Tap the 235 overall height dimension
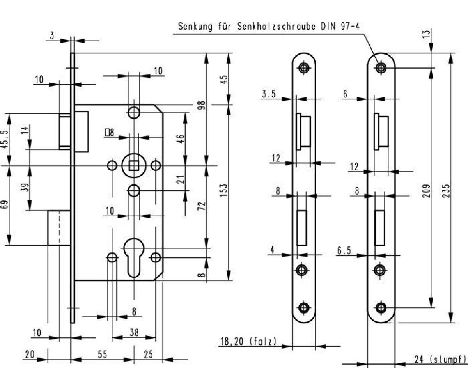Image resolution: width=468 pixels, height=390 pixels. click(447, 191)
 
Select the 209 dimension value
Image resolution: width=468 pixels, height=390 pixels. click(426, 191)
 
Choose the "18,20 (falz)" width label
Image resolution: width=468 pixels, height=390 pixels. click(248, 342)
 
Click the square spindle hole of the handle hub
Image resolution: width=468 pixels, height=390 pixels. click(134, 166)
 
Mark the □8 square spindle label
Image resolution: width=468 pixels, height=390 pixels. click(109, 133)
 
